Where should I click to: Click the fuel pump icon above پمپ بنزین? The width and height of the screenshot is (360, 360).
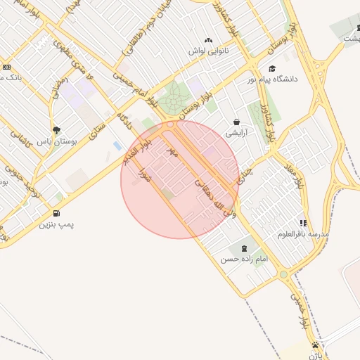click(56, 214)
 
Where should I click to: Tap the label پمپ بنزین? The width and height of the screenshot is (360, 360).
click(56, 225)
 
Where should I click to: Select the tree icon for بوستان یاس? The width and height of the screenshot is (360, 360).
click(56, 130)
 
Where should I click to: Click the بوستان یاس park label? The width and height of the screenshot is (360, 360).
click(56, 141)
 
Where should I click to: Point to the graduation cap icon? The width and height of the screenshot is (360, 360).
click(272, 68)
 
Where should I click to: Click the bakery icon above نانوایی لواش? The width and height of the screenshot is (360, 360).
click(208, 41)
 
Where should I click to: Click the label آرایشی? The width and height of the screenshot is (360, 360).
click(236, 131)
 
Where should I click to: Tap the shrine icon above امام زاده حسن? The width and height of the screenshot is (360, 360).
click(244, 248)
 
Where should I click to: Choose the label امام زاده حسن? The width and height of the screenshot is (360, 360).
click(244, 259)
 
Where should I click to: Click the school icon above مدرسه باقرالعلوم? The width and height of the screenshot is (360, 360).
click(303, 223)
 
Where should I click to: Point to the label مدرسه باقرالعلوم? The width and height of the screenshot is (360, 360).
click(303, 233)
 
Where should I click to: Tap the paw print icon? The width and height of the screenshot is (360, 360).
click(316, 345)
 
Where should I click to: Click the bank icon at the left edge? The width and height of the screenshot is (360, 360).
click(6, 67)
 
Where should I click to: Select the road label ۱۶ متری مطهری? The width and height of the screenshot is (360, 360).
click(67, 53)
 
